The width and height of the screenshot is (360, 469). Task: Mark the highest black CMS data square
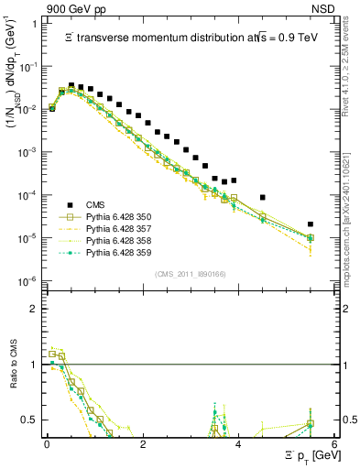click(71, 85)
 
